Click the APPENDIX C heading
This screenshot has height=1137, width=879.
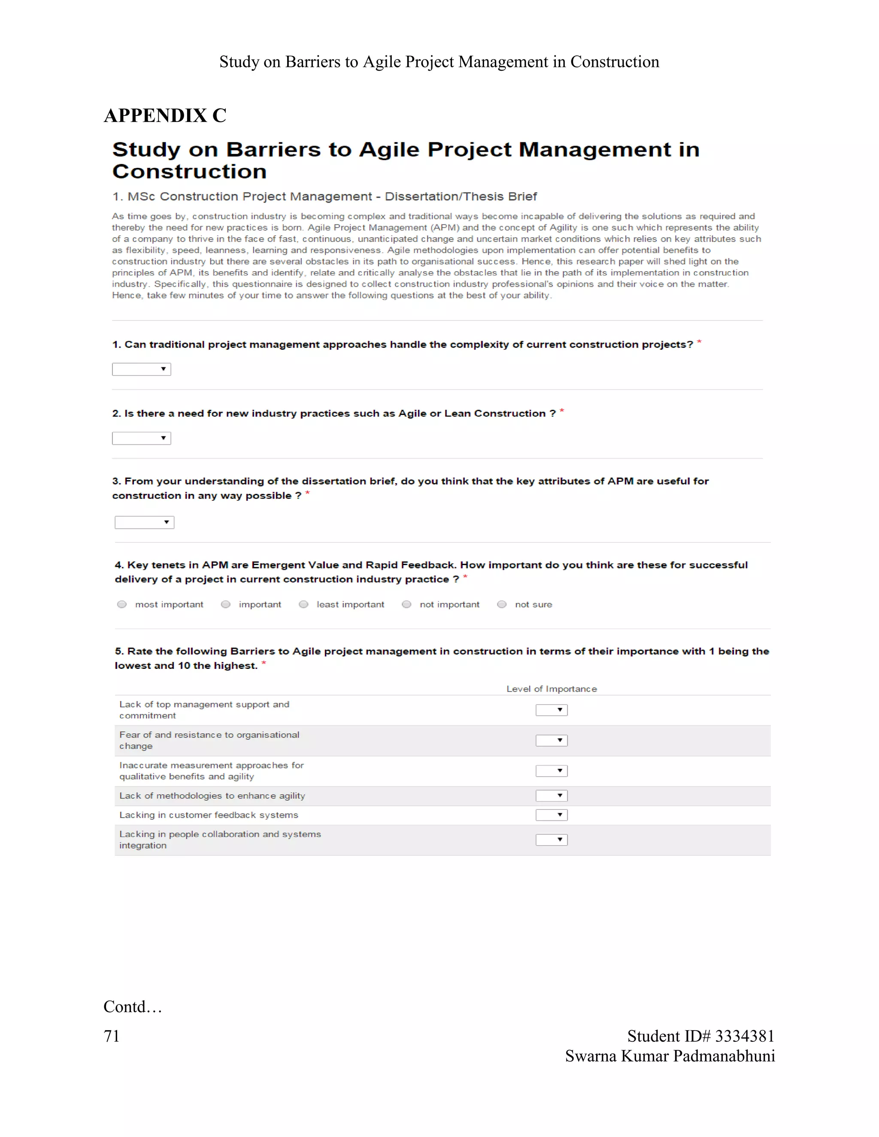point(165,115)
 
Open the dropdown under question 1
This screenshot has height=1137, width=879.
point(142,369)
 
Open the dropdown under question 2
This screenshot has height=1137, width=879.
point(142,438)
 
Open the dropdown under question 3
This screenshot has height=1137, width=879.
point(144,522)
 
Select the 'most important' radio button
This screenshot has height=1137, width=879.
point(122,605)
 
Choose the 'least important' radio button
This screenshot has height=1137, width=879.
point(303,605)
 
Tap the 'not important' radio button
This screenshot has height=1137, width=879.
point(407,605)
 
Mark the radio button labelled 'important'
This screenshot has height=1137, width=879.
point(225,605)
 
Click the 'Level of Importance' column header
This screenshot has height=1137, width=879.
point(552,689)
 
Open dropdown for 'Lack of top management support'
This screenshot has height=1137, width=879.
point(552,710)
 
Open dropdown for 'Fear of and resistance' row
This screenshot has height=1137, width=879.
point(552,740)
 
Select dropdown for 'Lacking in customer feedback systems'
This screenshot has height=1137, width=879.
point(552,815)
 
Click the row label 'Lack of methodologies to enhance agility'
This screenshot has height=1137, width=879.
point(212,795)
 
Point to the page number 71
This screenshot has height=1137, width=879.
point(112,1036)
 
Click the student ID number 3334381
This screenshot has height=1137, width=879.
point(745,1036)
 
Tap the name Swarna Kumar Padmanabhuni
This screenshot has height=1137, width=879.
point(670,1056)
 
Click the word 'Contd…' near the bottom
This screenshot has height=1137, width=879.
point(133,1006)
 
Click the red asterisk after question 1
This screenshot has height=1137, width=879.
point(699,342)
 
